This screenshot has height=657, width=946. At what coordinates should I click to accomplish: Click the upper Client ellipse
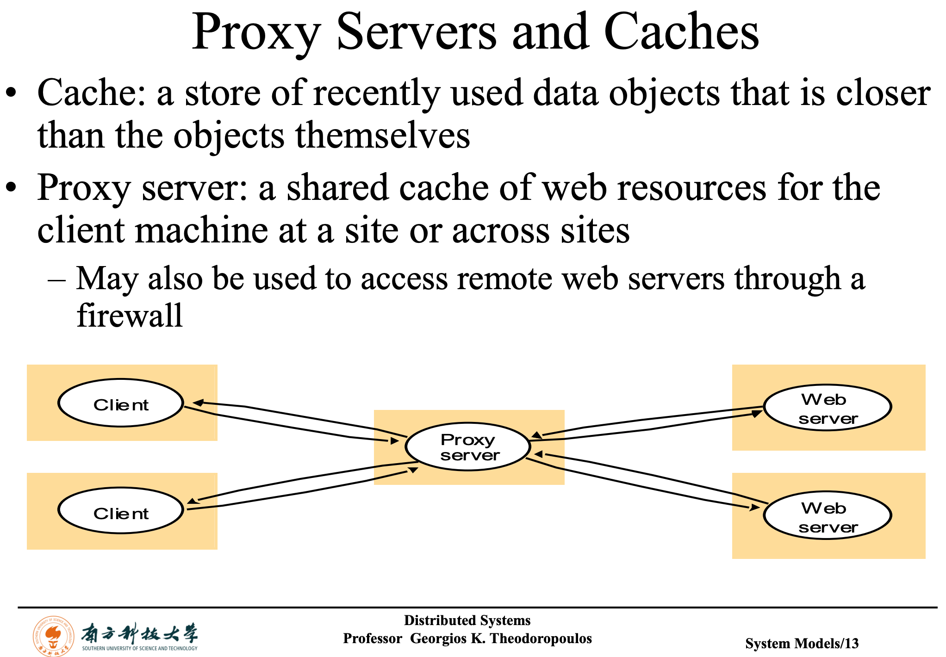tap(121, 403)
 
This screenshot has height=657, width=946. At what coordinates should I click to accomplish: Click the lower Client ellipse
tap(121, 511)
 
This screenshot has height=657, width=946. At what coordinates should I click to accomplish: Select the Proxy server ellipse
tap(468, 447)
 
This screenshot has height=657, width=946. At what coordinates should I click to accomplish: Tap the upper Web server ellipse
tap(828, 408)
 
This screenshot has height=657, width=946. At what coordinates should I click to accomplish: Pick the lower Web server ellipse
tap(828, 515)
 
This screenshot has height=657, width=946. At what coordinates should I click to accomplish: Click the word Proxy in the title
tap(256, 32)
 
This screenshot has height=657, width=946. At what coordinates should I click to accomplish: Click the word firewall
tap(130, 316)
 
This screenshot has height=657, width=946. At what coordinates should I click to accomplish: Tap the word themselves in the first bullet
tap(382, 136)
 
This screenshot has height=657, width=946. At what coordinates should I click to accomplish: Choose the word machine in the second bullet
tap(201, 230)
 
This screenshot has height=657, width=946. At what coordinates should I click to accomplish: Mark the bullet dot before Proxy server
tap(11, 188)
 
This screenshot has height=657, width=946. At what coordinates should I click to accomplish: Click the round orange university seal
tap(53, 636)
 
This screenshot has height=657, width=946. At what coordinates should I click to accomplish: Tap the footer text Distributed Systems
tap(467, 620)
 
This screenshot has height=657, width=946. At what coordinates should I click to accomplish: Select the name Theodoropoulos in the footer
tap(541, 638)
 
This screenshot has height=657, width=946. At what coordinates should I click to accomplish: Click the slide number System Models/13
tap(802, 643)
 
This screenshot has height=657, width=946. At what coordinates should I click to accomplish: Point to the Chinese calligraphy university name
tap(139, 632)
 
